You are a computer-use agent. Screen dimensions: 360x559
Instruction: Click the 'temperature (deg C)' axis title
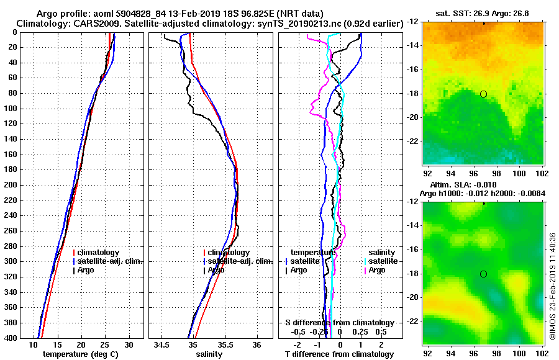[x=80, y=354]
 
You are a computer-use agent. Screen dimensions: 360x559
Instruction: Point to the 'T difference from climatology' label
[x=339, y=354]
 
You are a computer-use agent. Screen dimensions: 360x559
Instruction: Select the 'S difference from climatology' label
[x=339, y=323]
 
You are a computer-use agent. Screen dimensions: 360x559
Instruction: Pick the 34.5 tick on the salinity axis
[x=162, y=344]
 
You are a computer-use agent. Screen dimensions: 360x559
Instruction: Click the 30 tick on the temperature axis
[x=129, y=344]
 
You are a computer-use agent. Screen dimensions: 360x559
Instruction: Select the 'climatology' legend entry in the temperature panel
[x=98, y=253]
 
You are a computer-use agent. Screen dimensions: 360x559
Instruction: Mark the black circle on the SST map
[x=483, y=94]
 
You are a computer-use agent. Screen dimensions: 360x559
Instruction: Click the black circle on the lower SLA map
[x=483, y=274]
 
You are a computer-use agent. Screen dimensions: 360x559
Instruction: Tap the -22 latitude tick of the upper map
[x=412, y=142]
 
